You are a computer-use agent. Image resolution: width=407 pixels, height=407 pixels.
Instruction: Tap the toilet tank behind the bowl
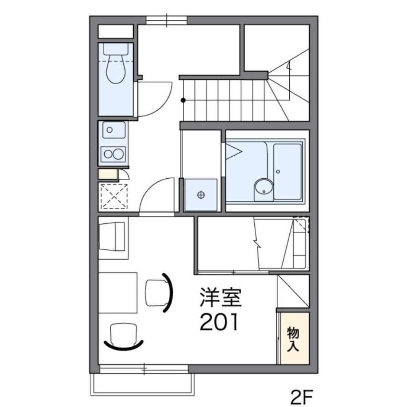tap(116, 49)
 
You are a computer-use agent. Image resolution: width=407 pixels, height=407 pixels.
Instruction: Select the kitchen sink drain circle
tap(110, 130)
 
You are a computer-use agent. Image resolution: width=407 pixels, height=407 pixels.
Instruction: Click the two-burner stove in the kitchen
tap(113, 154)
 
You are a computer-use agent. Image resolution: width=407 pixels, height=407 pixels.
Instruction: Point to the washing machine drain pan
tap(200, 195)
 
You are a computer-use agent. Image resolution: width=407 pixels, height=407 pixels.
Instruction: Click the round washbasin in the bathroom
tap(264, 187)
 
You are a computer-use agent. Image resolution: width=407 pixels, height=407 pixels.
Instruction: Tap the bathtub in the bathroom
tap(288, 172)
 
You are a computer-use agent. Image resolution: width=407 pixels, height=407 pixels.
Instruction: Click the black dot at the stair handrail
tap(183, 100)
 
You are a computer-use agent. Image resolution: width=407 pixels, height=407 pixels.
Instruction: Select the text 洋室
tap(221, 298)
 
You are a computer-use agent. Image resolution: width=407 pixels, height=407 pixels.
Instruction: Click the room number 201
tap(219, 322)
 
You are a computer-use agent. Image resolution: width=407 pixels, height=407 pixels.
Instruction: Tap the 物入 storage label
tap(293, 339)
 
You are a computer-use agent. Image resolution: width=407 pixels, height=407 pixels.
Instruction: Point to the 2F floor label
tap(301, 397)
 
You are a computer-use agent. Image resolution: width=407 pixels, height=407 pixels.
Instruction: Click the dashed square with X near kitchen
tap(114, 196)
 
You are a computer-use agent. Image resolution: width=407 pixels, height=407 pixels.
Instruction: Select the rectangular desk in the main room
tap(118, 293)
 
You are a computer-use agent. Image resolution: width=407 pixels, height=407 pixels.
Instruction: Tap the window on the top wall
tap(166, 20)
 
